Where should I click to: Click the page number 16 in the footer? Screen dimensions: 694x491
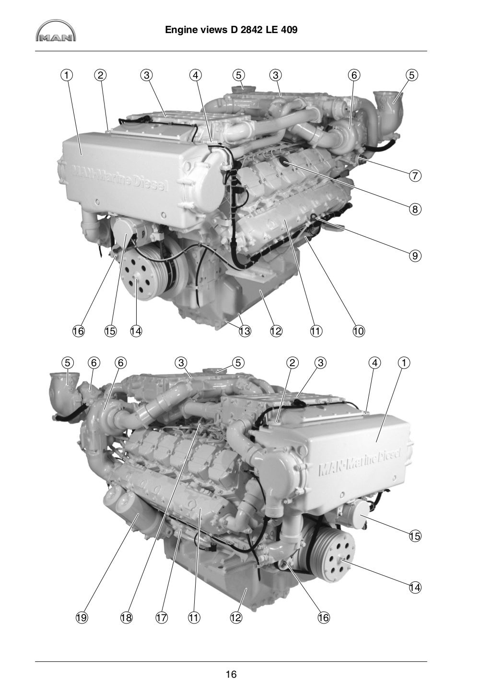point(231,674)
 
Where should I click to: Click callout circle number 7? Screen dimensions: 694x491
point(415,176)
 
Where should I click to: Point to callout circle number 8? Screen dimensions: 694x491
point(415,209)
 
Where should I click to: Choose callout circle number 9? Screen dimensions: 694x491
point(415,255)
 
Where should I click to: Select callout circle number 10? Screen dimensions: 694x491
point(359,331)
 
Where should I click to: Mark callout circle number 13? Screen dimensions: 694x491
point(245,331)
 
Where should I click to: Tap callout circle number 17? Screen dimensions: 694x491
point(162,618)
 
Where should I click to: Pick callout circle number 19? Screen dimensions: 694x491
point(81,618)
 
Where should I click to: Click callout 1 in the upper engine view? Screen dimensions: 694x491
point(67,75)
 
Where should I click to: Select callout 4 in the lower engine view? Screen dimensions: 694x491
point(374,363)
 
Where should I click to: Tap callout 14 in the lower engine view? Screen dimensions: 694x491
point(415,587)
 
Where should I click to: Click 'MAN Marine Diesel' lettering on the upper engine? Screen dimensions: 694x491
point(120,178)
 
